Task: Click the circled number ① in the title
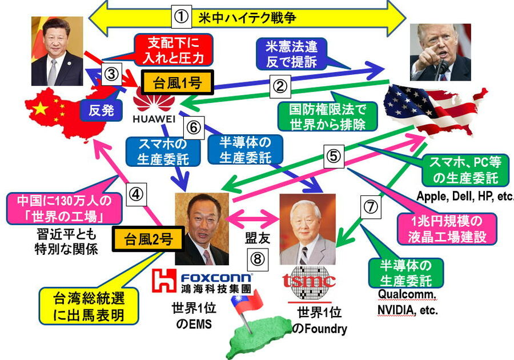[x=180, y=17]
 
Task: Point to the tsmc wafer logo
[x=309, y=280]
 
